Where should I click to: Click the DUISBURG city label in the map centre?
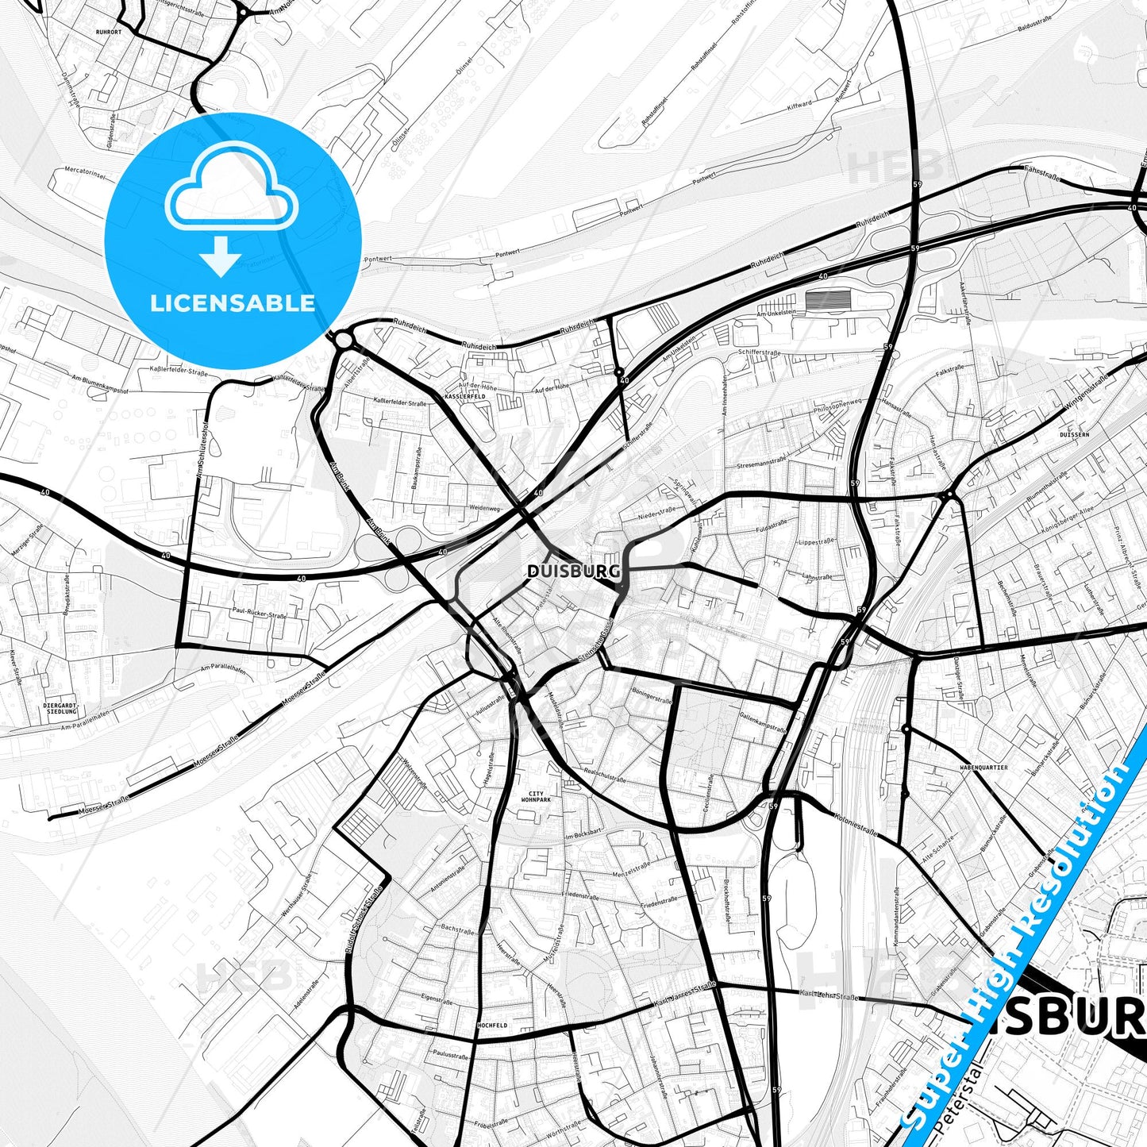[562, 571]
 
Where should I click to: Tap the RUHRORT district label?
[108, 33]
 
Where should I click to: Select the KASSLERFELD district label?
[465, 396]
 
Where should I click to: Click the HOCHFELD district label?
[492, 1026]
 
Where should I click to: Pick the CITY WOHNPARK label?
[537, 797]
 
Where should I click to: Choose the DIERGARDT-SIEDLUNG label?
[62, 708]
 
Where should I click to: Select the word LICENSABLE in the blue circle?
[233, 302]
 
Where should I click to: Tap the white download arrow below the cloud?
[221, 256]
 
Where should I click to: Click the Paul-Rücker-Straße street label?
[260, 614]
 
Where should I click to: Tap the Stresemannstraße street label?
[761, 461]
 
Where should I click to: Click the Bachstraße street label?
[457, 929]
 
